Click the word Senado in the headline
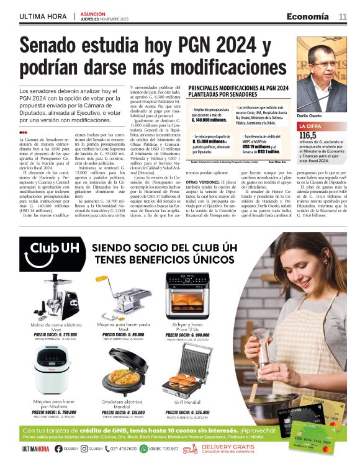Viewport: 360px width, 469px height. point(53,47)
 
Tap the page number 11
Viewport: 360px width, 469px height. point(343,16)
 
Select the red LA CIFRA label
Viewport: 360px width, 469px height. point(313,127)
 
